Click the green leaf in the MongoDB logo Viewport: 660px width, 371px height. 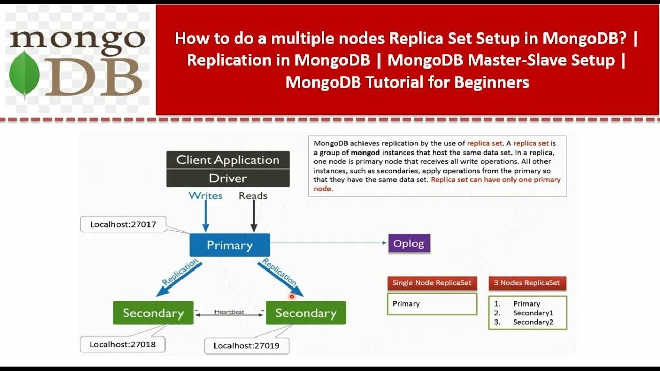point(24,75)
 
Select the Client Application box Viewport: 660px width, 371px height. point(227,160)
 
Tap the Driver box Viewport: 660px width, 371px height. point(227,178)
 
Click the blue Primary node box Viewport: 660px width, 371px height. point(229,245)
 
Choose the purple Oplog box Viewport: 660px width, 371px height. point(408,244)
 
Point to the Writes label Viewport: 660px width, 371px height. point(205,196)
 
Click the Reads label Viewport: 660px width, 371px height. point(253,196)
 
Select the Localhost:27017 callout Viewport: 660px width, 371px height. point(123,224)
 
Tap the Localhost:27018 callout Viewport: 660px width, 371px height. point(122,344)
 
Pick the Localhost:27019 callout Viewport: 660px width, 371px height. point(246,346)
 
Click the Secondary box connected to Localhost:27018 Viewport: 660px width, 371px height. point(153,313)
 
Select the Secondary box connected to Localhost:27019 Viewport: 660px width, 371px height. point(306,313)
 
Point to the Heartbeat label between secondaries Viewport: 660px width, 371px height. point(229,312)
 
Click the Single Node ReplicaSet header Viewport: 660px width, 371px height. point(432,283)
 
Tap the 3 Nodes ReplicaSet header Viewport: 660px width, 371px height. point(527,283)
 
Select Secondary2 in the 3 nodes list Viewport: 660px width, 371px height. point(533,322)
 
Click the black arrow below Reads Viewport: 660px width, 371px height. point(253,217)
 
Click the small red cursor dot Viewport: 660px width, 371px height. point(292,296)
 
